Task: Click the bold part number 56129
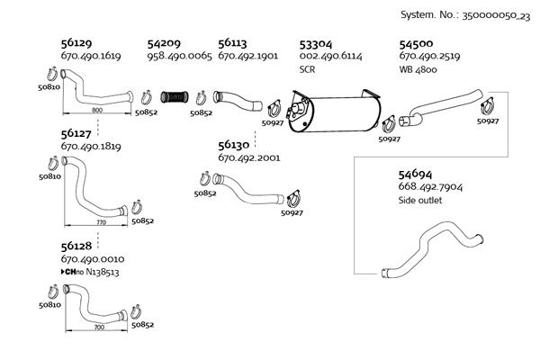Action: click(x=76, y=43)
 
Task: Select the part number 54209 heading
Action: click(x=164, y=43)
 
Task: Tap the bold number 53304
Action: click(x=315, y=43)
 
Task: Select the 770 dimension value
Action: click(x=100, y=220)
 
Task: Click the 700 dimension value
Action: click(x=98, y=328)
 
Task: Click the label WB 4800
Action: click(x=418, y=69)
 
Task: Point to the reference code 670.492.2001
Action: click(x=249, y=157)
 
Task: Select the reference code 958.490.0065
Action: click(x=179, y=57)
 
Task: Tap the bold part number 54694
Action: click(x=415, y=173)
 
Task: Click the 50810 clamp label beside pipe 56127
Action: click(x=49, y=177)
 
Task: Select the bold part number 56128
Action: click(x=76, y=246)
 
